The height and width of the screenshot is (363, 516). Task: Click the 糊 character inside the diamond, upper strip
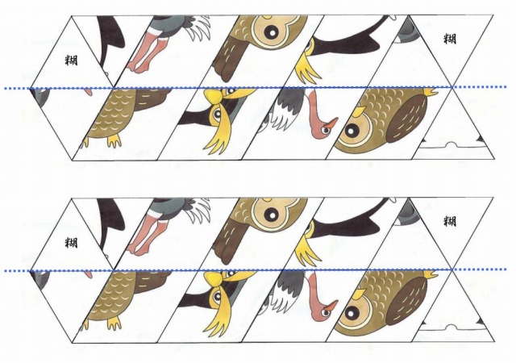(x=72, y=60)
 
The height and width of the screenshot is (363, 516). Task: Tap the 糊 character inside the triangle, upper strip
(x=450, y=39)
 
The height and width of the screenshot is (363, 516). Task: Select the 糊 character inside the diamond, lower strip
(x=72, y=243)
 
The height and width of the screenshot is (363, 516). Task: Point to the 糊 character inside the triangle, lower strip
(x=450, y=221)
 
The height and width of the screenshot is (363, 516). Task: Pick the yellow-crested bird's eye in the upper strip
(x=217, y=114)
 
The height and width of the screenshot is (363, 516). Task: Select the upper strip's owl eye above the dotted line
(x=273, y=31)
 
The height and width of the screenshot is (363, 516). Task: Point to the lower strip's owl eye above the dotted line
(x=273, y=215)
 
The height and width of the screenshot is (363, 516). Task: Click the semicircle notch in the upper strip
(x=451, y=144)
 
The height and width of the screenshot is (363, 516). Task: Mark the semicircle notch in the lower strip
(x=451, y=327)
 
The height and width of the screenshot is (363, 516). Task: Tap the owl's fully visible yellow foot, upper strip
(x=114, y=140)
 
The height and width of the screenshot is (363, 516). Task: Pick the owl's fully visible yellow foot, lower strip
(x=114, y=323)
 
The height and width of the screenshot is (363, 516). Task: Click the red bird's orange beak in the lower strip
(x=331, y=306)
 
